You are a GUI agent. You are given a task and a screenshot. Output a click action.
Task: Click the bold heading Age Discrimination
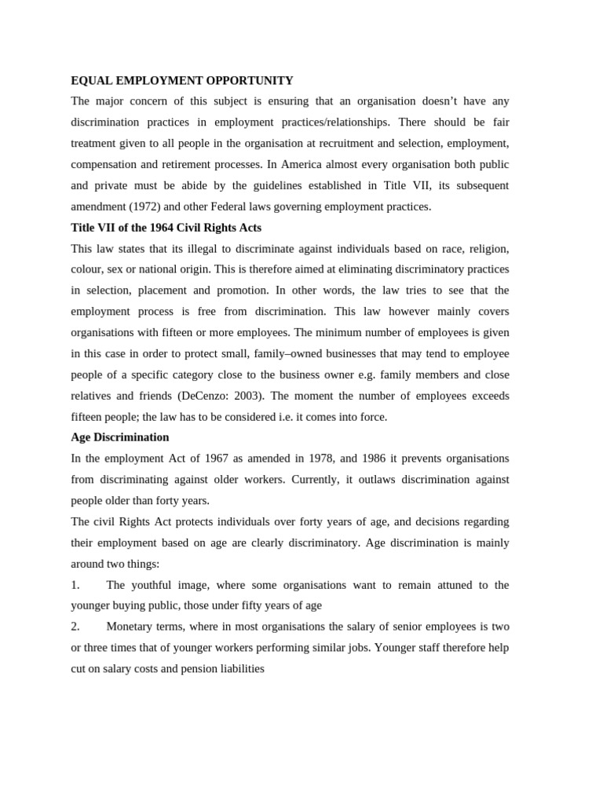coord(119,437)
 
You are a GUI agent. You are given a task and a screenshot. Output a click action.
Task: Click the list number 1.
coord(75,585)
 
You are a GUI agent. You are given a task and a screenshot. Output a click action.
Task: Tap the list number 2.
coord(75,627)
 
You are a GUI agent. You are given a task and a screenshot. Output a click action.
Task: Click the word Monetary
coord(131,627)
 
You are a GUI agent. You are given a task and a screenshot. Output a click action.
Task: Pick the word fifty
coord(253,605)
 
